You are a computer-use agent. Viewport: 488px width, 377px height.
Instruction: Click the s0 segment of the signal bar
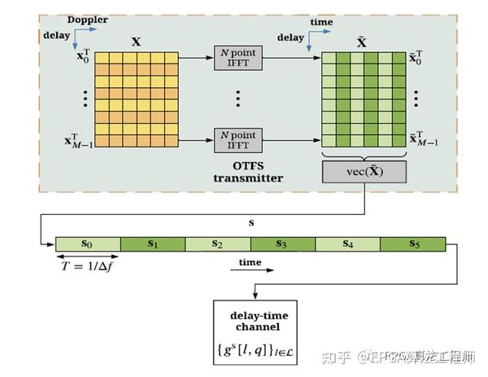point(88,243)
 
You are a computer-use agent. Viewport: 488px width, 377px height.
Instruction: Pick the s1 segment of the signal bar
point(153,243)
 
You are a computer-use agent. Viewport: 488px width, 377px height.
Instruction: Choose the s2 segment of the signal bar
point(218,243)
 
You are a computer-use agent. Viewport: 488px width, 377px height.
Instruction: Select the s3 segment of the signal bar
point(282,243)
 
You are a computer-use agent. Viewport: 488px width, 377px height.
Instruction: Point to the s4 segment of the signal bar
point(347,243)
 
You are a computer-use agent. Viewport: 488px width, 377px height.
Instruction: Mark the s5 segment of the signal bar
point(412,243)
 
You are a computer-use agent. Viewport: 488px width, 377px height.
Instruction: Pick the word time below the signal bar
point(250,262)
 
